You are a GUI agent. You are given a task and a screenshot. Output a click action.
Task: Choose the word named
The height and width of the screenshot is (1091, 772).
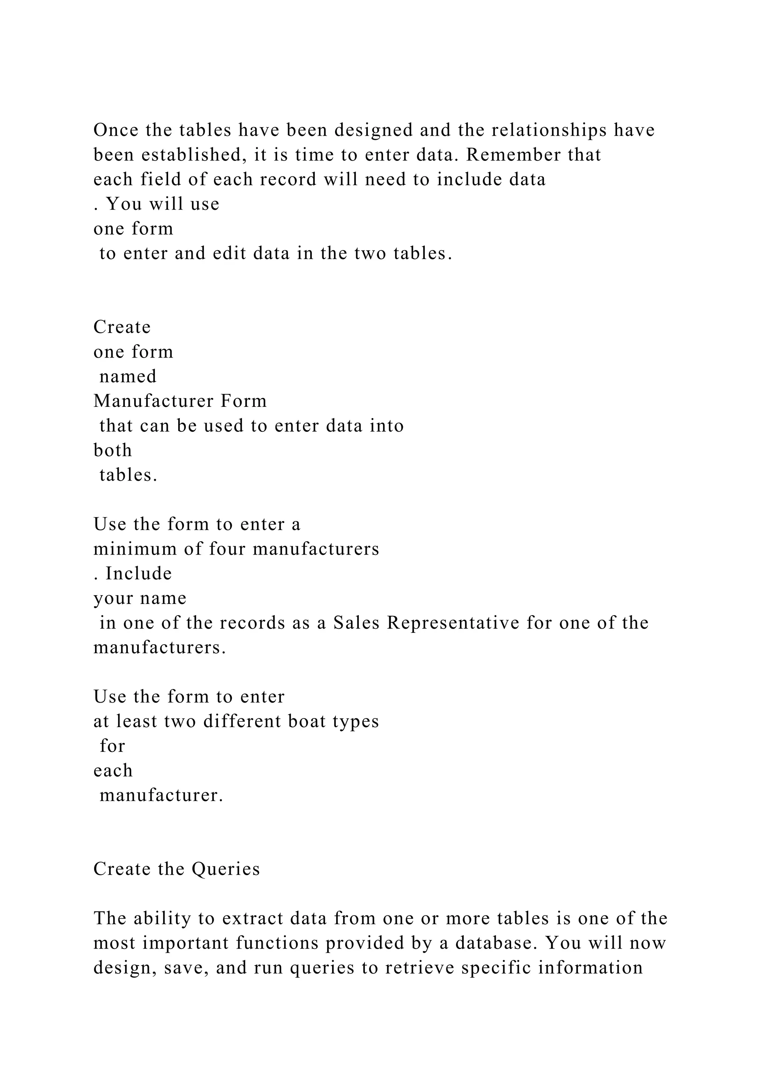(128, 376)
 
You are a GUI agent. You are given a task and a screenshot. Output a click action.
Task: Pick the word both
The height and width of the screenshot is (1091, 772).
(113, 450)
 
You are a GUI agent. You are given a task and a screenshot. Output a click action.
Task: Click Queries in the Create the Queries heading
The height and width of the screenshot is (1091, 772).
(226, 869)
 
